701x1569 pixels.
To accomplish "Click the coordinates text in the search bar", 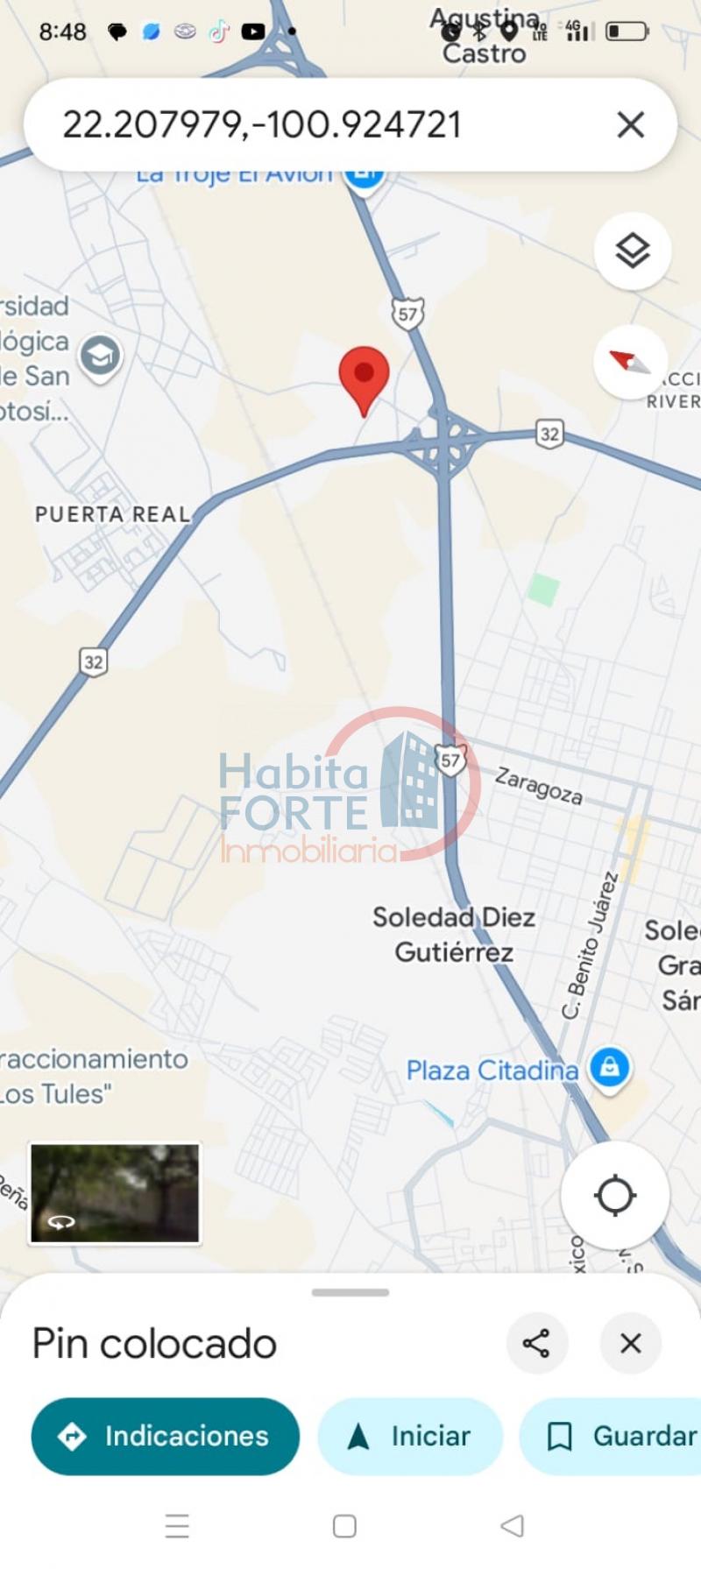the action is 261,124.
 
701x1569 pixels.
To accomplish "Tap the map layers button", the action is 632,251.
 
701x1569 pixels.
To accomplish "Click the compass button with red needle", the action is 631,361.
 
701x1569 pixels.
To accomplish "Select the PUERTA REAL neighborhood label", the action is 112,514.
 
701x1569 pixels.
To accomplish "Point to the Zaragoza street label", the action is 539,785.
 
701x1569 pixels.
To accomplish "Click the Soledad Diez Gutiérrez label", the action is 454,935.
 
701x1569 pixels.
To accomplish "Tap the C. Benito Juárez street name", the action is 589,946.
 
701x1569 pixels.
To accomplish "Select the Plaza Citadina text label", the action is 492,1070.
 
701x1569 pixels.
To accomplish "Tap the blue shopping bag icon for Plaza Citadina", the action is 610,1068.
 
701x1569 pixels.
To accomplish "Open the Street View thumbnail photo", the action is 115,1192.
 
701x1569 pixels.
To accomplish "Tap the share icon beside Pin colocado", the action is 536,1343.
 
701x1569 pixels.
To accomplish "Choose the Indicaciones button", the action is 165,1436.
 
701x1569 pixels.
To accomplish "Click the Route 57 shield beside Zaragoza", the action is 450,760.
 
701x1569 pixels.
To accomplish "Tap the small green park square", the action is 543,590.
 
